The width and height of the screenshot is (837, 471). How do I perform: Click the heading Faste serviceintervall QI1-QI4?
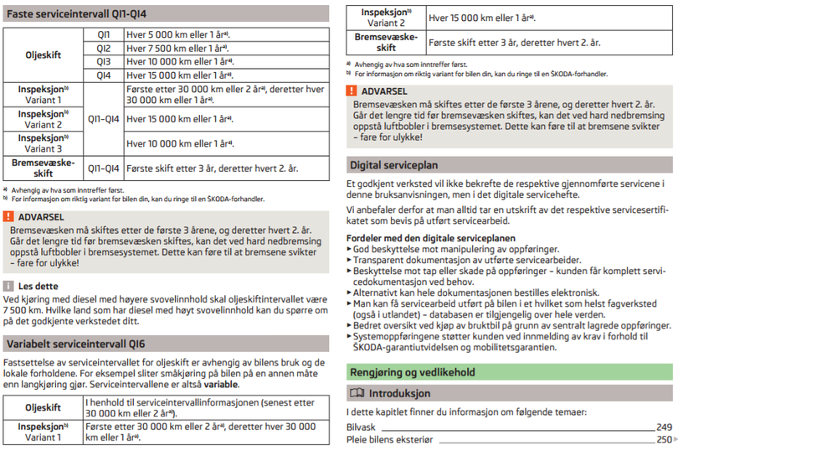(x=76, y=14)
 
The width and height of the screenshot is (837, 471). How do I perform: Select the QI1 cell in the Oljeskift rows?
(x=104, y=35)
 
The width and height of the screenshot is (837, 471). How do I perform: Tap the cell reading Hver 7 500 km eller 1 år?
(x=177, y=49)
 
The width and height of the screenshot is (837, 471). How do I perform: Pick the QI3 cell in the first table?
(x=104, y=62)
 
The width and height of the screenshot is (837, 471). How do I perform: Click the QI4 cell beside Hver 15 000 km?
(x=104, y=75)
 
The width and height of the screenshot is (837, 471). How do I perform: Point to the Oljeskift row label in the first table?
(x=44, y=55)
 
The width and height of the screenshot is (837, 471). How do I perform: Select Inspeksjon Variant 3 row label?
(x=44, y=143)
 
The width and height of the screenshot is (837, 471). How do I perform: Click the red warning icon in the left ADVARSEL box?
(x=9, y=217)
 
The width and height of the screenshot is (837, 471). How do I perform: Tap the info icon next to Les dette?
(x=9, y=286)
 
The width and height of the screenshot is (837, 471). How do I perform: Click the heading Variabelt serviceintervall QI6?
(x=75, y=344)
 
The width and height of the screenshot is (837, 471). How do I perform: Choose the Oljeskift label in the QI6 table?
(x=43, y=408)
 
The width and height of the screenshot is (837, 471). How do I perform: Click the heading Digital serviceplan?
(x=393, y=165)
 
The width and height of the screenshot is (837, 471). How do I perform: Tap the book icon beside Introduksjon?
(x=357, y=393)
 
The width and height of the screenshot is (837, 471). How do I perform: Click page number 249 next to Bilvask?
(x=664, y=427)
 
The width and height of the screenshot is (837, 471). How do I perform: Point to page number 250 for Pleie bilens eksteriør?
(x=664, y=440)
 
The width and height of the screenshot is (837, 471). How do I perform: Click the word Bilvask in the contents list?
(x=361, y=427)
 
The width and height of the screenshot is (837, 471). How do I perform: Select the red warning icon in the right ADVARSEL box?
(x=352, y=91)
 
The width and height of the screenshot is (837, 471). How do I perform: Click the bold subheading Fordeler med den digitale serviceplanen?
(x=431, y=238)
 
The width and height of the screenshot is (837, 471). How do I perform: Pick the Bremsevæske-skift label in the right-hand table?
(x=386, y=43)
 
